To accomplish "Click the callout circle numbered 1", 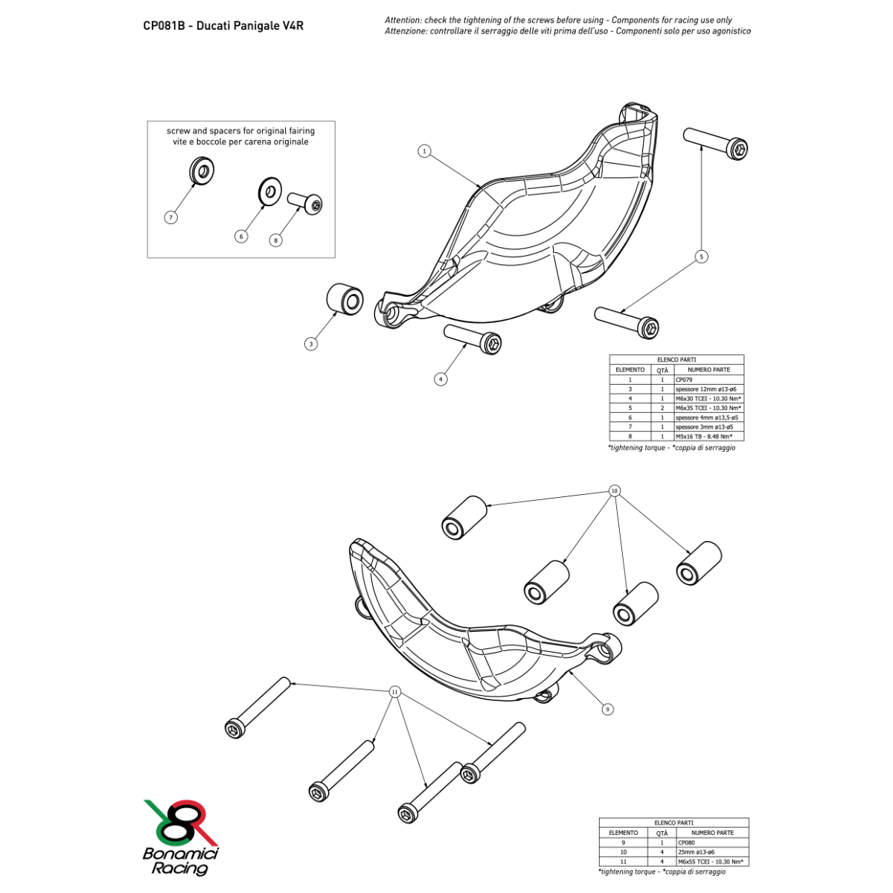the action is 424,151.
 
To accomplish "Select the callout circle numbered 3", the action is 311,344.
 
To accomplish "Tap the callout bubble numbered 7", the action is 171,217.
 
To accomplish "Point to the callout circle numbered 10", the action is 614,490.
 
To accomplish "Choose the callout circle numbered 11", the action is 395,692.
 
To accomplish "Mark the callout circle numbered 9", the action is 607,709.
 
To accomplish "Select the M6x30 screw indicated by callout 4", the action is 473,339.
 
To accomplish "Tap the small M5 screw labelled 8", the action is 305,203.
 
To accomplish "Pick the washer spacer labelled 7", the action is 202,171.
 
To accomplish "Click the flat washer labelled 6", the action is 270,191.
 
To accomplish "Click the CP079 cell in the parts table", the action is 709,380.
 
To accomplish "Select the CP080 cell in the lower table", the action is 712,842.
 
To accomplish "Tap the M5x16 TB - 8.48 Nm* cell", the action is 709,436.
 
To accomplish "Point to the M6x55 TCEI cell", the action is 712,862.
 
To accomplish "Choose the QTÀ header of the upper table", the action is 662,370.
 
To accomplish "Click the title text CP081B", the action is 164,26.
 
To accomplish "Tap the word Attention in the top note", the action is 403,20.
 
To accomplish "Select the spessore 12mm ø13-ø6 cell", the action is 709,388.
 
